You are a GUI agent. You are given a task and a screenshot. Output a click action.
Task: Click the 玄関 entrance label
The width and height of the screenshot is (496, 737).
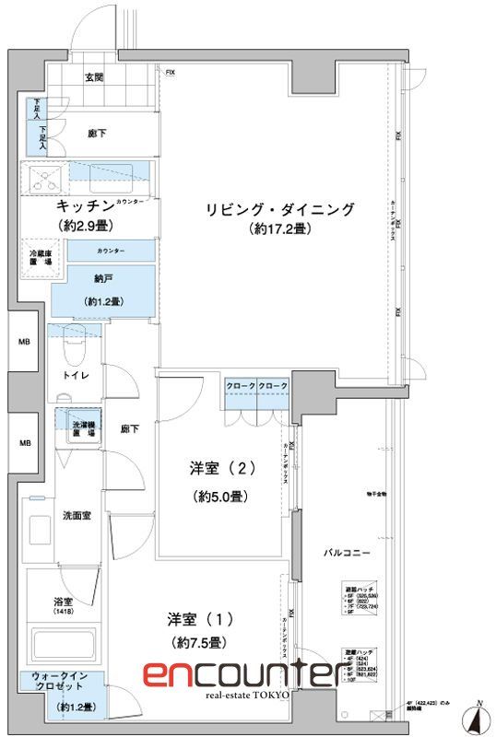(x=94, y=78)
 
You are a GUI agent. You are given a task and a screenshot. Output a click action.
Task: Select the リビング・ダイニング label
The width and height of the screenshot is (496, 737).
(x=278, y=209)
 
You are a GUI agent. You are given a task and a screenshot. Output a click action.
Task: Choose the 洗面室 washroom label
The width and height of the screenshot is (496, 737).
(x=76, y=515)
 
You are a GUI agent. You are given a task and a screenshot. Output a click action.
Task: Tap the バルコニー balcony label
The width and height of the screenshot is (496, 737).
(x=348, y=552)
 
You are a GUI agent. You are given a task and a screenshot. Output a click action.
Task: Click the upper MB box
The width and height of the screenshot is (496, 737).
(x=25, y=342)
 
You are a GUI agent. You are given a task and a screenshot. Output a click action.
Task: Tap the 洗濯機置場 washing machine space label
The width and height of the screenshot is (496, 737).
(x=86, y=425)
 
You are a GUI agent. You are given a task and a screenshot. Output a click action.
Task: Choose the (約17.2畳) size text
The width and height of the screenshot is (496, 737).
(x=278, y=228)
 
